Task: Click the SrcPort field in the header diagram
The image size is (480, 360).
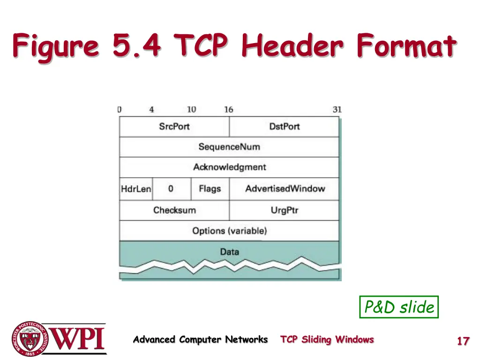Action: coord(174,127)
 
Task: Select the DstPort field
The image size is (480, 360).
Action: coord(284,127)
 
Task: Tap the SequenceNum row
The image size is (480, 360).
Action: coord(229,147)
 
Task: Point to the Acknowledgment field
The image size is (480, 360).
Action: coord(229,167)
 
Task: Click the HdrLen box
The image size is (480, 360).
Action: coord(136,189)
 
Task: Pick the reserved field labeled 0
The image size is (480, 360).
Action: coord(171,189)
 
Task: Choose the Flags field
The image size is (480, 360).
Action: coord(210,189)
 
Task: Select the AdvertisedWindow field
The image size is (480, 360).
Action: coord(285,189)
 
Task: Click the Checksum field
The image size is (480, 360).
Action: coord(174,210)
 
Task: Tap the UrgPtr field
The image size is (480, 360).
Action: coord(284,210)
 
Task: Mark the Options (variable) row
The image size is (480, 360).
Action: coord(229,231)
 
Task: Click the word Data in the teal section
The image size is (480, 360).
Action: coord(229,252)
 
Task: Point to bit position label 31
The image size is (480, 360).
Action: coord(337,109)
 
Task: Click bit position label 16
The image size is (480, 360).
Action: coord(228,109)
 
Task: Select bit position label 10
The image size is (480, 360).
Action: coord(191,109)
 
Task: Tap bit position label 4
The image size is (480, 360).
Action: coord(151,109)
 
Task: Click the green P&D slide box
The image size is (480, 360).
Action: coord(399,307)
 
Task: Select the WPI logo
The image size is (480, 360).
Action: coord(59,338)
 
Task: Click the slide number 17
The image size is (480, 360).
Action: coord(463,341)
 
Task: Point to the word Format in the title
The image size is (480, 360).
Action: coord(406,47)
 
